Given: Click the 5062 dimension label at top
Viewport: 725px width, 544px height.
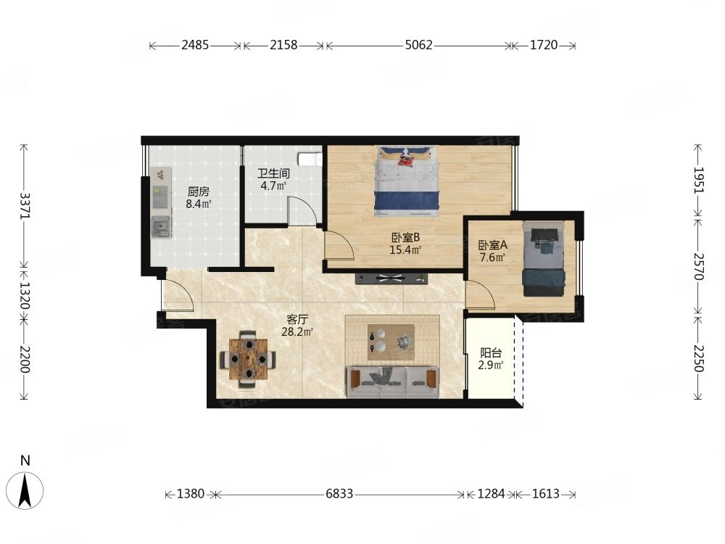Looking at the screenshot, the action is coord(418,45).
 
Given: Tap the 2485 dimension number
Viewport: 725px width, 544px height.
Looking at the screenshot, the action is coord(195,45).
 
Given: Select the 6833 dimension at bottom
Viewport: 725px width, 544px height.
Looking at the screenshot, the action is coord(339,494).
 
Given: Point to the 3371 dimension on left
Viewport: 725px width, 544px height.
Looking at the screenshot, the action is coord(25,206).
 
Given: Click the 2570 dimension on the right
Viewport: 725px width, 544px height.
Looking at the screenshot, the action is coord(698,266).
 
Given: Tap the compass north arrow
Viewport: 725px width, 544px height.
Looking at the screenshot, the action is coord(25,491).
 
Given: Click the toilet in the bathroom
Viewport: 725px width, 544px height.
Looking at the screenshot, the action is coord(310,159).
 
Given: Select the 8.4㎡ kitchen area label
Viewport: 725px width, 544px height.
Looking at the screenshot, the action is coord(199,204).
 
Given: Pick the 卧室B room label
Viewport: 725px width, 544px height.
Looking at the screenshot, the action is coord(405,238).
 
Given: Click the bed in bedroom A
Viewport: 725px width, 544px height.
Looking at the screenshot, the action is coord(544,259).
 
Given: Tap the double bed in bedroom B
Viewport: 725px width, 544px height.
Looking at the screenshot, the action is coord(407,181).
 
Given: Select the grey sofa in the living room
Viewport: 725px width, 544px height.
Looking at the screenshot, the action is coord(392,382).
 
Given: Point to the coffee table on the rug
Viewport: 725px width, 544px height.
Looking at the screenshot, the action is coord(391,342).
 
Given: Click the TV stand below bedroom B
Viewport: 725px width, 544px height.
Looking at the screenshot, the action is coord(391,279).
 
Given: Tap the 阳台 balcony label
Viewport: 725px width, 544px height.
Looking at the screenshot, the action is coord(491,353).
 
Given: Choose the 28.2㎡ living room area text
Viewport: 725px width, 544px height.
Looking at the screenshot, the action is coord(297,331).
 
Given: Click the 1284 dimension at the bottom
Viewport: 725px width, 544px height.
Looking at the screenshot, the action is coord(491,494).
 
